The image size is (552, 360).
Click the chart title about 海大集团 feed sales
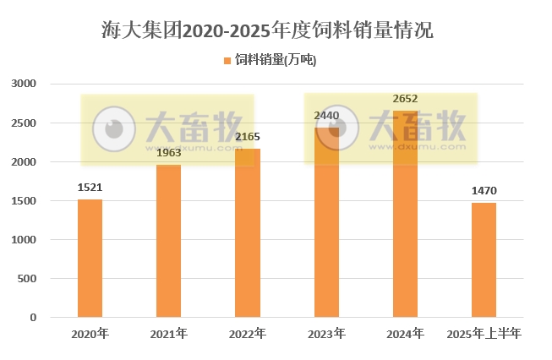point(267,31)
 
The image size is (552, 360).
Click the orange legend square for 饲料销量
point(227,60)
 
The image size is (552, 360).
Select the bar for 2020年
point(90,258)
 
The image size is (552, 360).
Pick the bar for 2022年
point(248,232)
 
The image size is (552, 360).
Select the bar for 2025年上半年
point(484,260)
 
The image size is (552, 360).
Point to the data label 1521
point(90,188)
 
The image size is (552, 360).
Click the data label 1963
point(168,153)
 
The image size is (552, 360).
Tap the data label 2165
point(248,136)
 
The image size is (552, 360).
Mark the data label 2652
point(405,98)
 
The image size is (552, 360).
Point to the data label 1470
point(484,192)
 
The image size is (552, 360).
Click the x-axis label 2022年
point(248,335)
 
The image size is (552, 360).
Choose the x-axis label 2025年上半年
point(484,335)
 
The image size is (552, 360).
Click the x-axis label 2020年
point(90,335)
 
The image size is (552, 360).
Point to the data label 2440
point(326,115)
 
